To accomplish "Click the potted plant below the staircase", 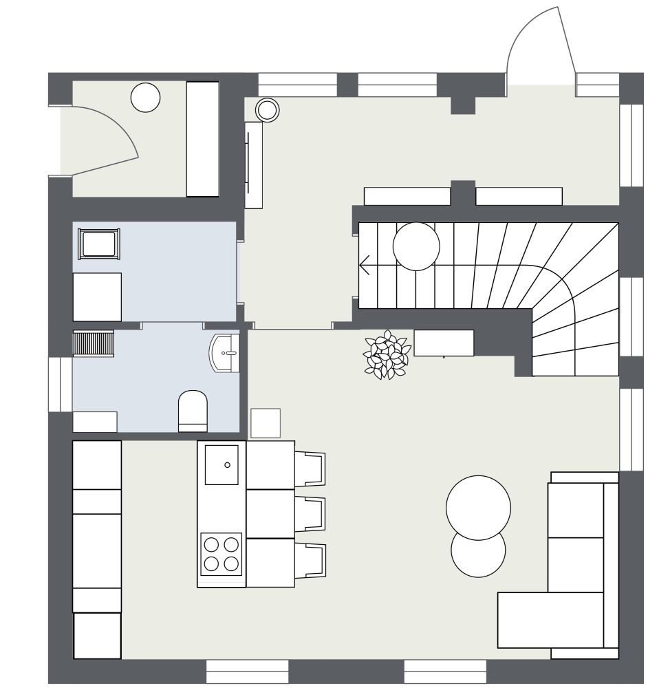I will [387, 354].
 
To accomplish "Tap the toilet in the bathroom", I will [193, 411].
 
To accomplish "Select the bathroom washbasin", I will [225, 353].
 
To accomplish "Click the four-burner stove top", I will [222, 554].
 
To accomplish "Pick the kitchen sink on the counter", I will [222, 464].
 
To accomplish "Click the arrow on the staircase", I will [366, 265].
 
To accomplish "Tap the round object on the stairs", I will [416, 246].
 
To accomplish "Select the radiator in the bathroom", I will [93, 343].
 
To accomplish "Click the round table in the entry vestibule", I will [145, 97].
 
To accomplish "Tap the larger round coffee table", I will [478, 507].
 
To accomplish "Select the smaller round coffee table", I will [478, 554].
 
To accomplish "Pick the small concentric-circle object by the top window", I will [268, 109].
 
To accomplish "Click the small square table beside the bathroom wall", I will [266, 423].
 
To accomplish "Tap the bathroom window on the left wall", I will [60, 385].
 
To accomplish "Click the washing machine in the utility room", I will [97, 297].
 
